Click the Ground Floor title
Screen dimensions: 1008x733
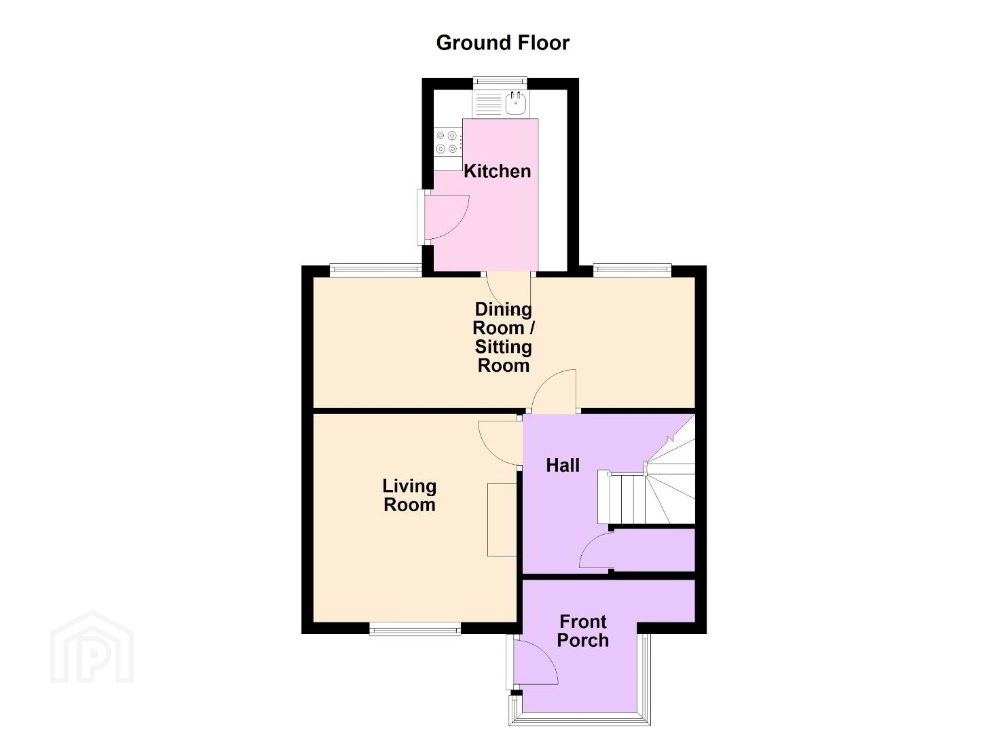(503, 43)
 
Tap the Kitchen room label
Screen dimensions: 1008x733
(498, 172)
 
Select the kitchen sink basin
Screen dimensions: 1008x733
(517, 103)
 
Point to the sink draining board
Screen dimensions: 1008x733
(488, 103)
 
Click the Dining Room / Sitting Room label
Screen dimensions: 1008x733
(504, 337)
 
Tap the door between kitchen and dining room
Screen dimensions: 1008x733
(509, 295)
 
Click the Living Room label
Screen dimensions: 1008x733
(409, 496)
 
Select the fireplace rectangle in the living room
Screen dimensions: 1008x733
(502, 520)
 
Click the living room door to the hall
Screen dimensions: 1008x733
(500, 443)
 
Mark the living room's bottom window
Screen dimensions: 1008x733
(415, 628)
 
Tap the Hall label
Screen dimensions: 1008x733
(563, 466)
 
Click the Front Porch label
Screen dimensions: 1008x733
(583, 631)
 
